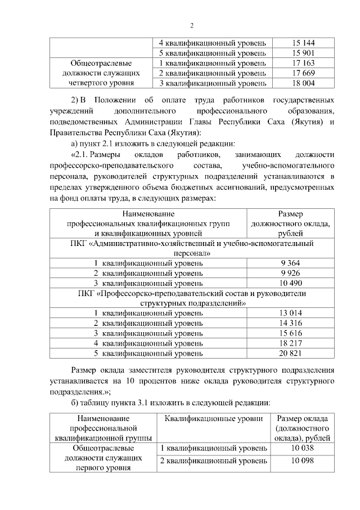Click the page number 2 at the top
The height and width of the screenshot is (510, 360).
(x=192, y=25)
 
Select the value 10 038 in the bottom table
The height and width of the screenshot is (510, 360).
(x=301, y=448)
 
